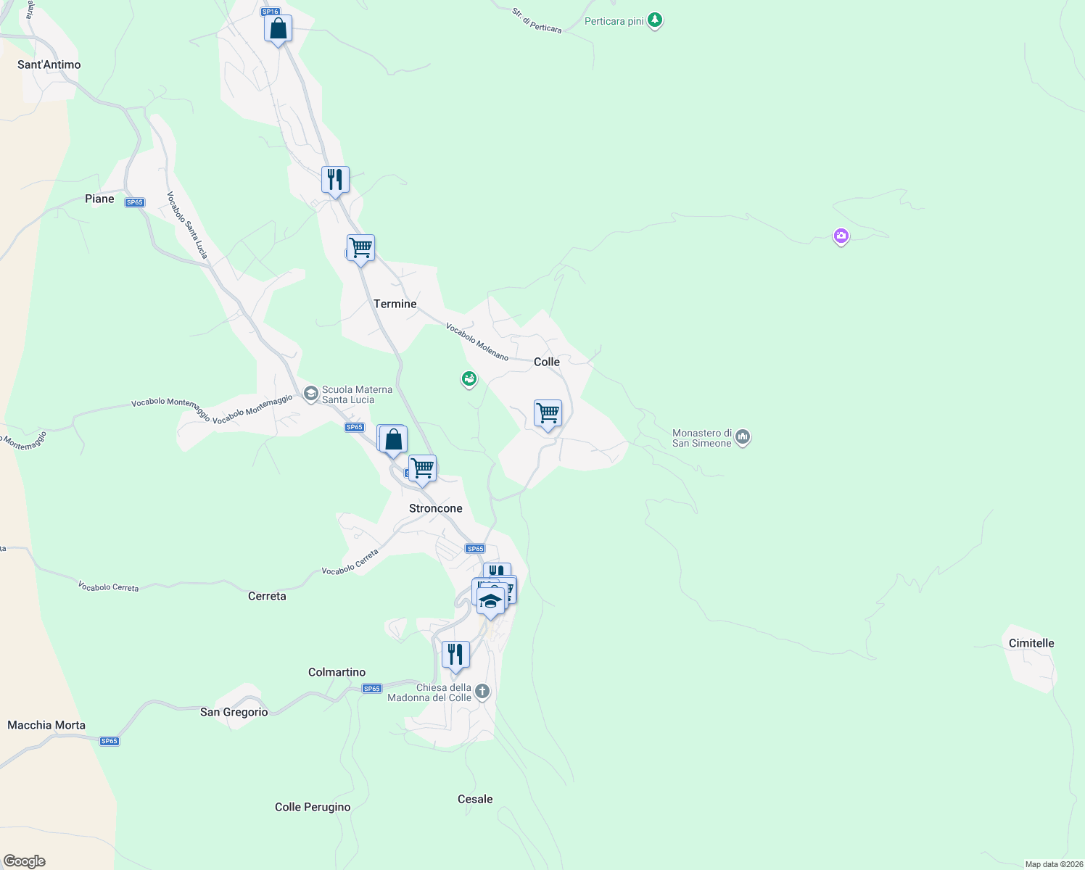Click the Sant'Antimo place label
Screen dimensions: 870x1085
click(x=49, y=65)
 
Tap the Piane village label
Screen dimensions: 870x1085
click(x=99, y=199)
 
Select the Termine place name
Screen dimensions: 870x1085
click(x=395, y=304)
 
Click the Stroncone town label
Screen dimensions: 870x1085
click(x=435, y=508)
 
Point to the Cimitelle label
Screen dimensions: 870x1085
click(x=1031, y=643)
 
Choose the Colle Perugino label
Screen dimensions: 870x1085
click(x=313, y=807)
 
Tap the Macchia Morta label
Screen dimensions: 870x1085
click(x=46, y=725)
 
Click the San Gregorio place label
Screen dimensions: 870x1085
click(x=234, y=712)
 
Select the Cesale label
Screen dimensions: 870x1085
click(x=475, y=799)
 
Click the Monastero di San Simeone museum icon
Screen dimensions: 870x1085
click(x=743, y=437)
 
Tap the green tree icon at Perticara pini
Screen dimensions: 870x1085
click(x=655, y=20)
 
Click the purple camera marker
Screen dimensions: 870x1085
click(x=841, y=236)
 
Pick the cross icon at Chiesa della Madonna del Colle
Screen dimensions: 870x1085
click(x=482, y=692)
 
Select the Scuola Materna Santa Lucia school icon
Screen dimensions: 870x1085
click(x=311, y=394)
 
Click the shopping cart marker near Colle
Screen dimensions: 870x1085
click(x=548, y=413)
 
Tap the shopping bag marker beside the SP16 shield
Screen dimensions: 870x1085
click(x=278, y=29)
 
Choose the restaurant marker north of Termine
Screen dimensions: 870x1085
click(x=335, y=179)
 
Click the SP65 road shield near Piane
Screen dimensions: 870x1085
click(x=134, y=202)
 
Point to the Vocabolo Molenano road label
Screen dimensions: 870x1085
click(x=477, y=341)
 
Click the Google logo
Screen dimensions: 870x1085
click(x=25, y=861)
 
